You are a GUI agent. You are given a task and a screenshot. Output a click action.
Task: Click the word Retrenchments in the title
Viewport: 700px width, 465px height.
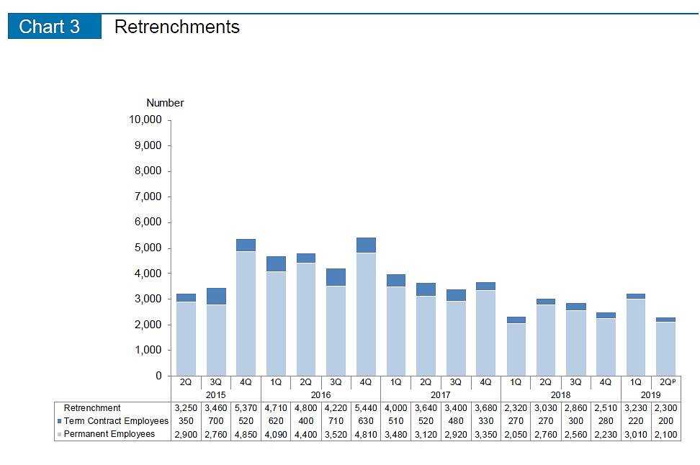click(176, 27)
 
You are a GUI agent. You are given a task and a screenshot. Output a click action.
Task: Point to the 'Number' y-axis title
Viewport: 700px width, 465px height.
click(165, 103)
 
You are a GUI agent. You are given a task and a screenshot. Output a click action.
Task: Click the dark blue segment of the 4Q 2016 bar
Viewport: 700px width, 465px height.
click(365, 245)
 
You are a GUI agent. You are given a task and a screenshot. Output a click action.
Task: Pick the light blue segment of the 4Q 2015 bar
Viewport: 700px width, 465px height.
click(246, 313)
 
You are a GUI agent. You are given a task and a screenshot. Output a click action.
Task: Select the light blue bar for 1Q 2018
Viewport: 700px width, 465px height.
click(516, 349)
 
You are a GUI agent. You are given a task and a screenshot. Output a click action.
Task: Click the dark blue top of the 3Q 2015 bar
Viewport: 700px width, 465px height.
click(216, 296)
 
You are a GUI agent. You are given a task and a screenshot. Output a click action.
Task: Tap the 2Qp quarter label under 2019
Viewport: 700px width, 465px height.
click(666, 383)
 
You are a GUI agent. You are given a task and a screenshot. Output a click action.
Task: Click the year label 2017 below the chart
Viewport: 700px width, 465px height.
click(440, 395)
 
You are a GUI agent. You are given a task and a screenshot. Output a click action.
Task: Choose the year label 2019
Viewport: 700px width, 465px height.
click(651, 395)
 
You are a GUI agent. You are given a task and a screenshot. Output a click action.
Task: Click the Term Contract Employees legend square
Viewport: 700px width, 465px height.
click(59, 421)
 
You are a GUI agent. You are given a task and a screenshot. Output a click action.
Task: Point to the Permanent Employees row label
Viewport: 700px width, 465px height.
click(109, 434)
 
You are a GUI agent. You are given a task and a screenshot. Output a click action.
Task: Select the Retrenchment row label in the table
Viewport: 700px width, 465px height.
click(92, 408)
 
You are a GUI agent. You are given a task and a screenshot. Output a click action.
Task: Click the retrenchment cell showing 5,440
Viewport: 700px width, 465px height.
click(365, 408)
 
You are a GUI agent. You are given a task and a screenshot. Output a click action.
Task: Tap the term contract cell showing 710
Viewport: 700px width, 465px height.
click(336, 421)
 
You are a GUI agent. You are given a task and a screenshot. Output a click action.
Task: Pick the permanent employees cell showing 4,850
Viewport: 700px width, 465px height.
click(246, 434)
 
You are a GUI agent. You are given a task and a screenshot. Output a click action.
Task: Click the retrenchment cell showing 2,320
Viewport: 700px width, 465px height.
click(516, 408)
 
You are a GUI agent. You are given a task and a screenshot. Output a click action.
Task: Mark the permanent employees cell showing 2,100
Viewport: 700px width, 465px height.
click(666, 434)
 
